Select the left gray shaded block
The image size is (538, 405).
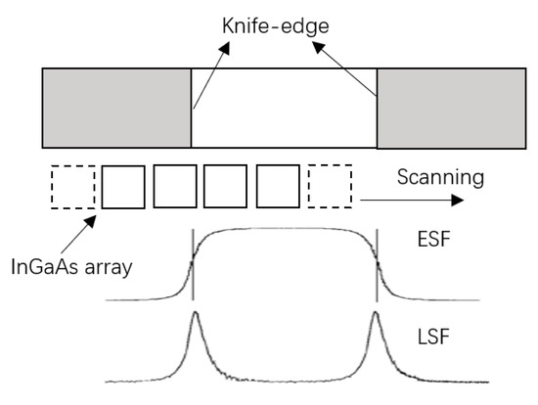115,107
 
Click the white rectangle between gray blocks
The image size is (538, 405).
284,107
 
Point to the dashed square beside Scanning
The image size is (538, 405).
329,186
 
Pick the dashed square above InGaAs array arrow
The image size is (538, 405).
72,186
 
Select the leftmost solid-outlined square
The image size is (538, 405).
123,186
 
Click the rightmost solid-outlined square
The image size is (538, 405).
277,186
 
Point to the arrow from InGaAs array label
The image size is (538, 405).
80,226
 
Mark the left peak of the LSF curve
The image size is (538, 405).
195,315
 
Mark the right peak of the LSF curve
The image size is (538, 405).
376,315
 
